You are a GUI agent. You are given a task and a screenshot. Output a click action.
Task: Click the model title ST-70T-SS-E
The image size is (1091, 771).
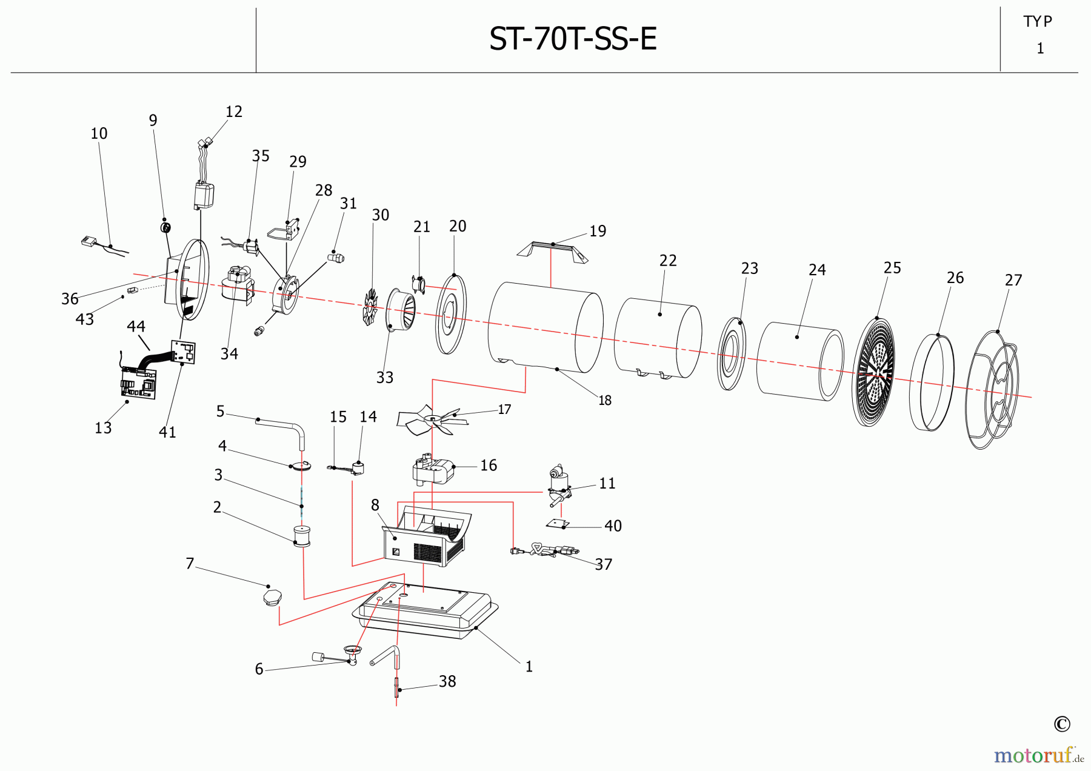573,39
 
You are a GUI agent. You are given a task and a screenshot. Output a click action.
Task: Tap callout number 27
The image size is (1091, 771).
1013,280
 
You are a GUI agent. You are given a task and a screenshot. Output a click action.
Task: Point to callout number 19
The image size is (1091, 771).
598,231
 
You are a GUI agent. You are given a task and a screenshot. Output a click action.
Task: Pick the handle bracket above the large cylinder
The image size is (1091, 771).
552,250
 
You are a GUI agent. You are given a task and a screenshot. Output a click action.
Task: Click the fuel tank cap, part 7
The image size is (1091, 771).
272,598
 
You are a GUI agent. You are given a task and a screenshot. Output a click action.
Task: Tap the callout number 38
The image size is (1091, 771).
447,681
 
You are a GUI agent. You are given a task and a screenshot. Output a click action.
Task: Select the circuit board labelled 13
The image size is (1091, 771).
138,382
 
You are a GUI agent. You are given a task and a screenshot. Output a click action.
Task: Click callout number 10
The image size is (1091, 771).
99,133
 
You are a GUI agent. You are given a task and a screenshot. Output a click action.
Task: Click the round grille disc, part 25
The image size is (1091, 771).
873,371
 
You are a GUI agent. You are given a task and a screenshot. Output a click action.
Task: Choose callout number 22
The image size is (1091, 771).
668,261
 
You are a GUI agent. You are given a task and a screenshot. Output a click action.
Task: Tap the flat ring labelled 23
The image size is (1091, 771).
732,353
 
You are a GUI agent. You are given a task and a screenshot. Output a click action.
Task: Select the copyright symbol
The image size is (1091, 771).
1062,724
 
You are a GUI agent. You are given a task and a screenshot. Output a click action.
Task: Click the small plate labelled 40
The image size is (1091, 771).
558,524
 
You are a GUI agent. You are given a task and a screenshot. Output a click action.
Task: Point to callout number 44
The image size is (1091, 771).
136,326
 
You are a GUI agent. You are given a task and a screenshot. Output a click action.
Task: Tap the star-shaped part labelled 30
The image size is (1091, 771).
370,307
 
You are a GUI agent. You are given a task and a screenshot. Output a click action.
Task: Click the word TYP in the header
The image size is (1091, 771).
1038,22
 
